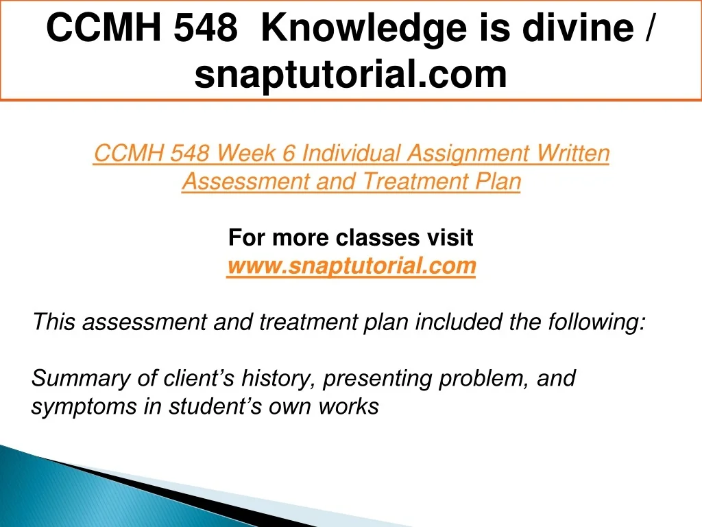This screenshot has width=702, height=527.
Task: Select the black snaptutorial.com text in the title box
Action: (350, 74)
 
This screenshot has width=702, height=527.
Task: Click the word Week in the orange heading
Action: (246, 153)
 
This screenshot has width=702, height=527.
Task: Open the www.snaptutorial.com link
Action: (351, 266)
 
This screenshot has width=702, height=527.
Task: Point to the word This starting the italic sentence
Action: (53, 322)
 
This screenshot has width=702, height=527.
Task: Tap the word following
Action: (596, 323)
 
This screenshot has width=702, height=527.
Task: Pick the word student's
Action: (215, 406)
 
